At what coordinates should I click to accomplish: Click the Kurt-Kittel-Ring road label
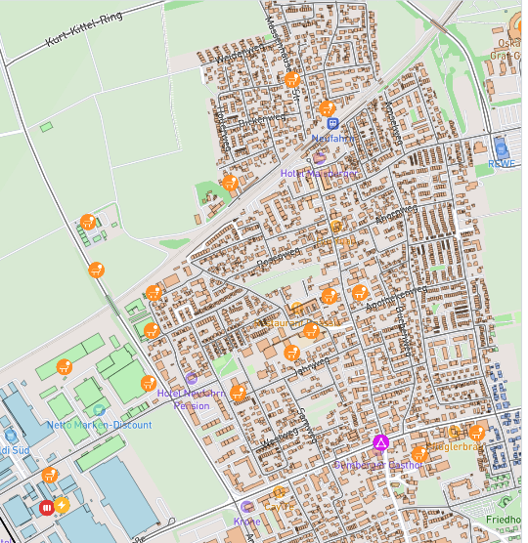(85, 32)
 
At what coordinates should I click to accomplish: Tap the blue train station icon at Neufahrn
(332, 124)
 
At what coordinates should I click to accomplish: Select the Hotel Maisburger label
(319, 173)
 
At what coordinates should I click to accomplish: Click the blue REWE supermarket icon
(502, 147)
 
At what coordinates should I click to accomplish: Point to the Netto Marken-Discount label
(100, 425)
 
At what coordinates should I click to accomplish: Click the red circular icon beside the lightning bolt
(46, 507)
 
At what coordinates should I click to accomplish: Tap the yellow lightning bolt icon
(62, 506)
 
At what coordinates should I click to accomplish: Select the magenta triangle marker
(380, 444)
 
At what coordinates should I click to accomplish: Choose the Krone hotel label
(247, 521)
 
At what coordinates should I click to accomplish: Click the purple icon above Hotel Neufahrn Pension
(192, 378)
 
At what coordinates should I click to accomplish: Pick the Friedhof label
(506, 520)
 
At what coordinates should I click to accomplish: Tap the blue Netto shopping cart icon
(10, 435)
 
